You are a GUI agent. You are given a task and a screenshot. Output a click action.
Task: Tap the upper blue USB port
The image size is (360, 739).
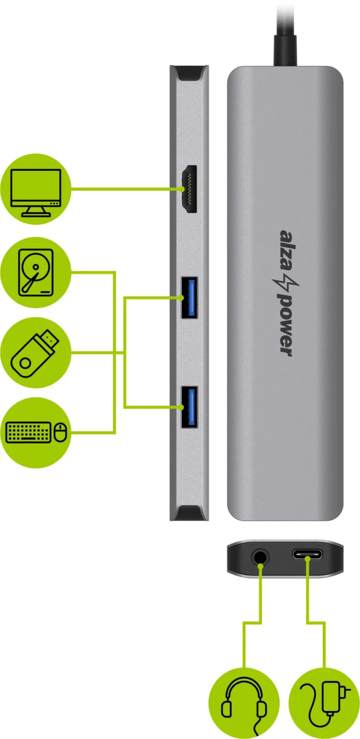[x=189, y=297]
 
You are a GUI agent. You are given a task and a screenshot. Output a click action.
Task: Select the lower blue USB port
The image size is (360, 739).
[x=189, y=407]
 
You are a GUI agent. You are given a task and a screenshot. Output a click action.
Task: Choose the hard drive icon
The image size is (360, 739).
[x=36, y=273]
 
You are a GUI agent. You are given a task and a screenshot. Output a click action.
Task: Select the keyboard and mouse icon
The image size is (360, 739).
[x=37, y=432]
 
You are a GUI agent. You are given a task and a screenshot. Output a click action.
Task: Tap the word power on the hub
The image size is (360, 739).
[x=286, y=325]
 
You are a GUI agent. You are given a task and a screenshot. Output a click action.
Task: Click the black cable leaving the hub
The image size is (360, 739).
[x=285, y=33]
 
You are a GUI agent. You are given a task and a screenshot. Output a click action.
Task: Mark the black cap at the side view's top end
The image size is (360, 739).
[x=189, y=73]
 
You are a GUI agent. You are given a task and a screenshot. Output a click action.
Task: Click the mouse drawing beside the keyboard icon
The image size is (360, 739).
[x=61, y=432]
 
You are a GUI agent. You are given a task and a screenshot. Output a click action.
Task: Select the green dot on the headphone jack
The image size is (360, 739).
[x=260, y=565]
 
